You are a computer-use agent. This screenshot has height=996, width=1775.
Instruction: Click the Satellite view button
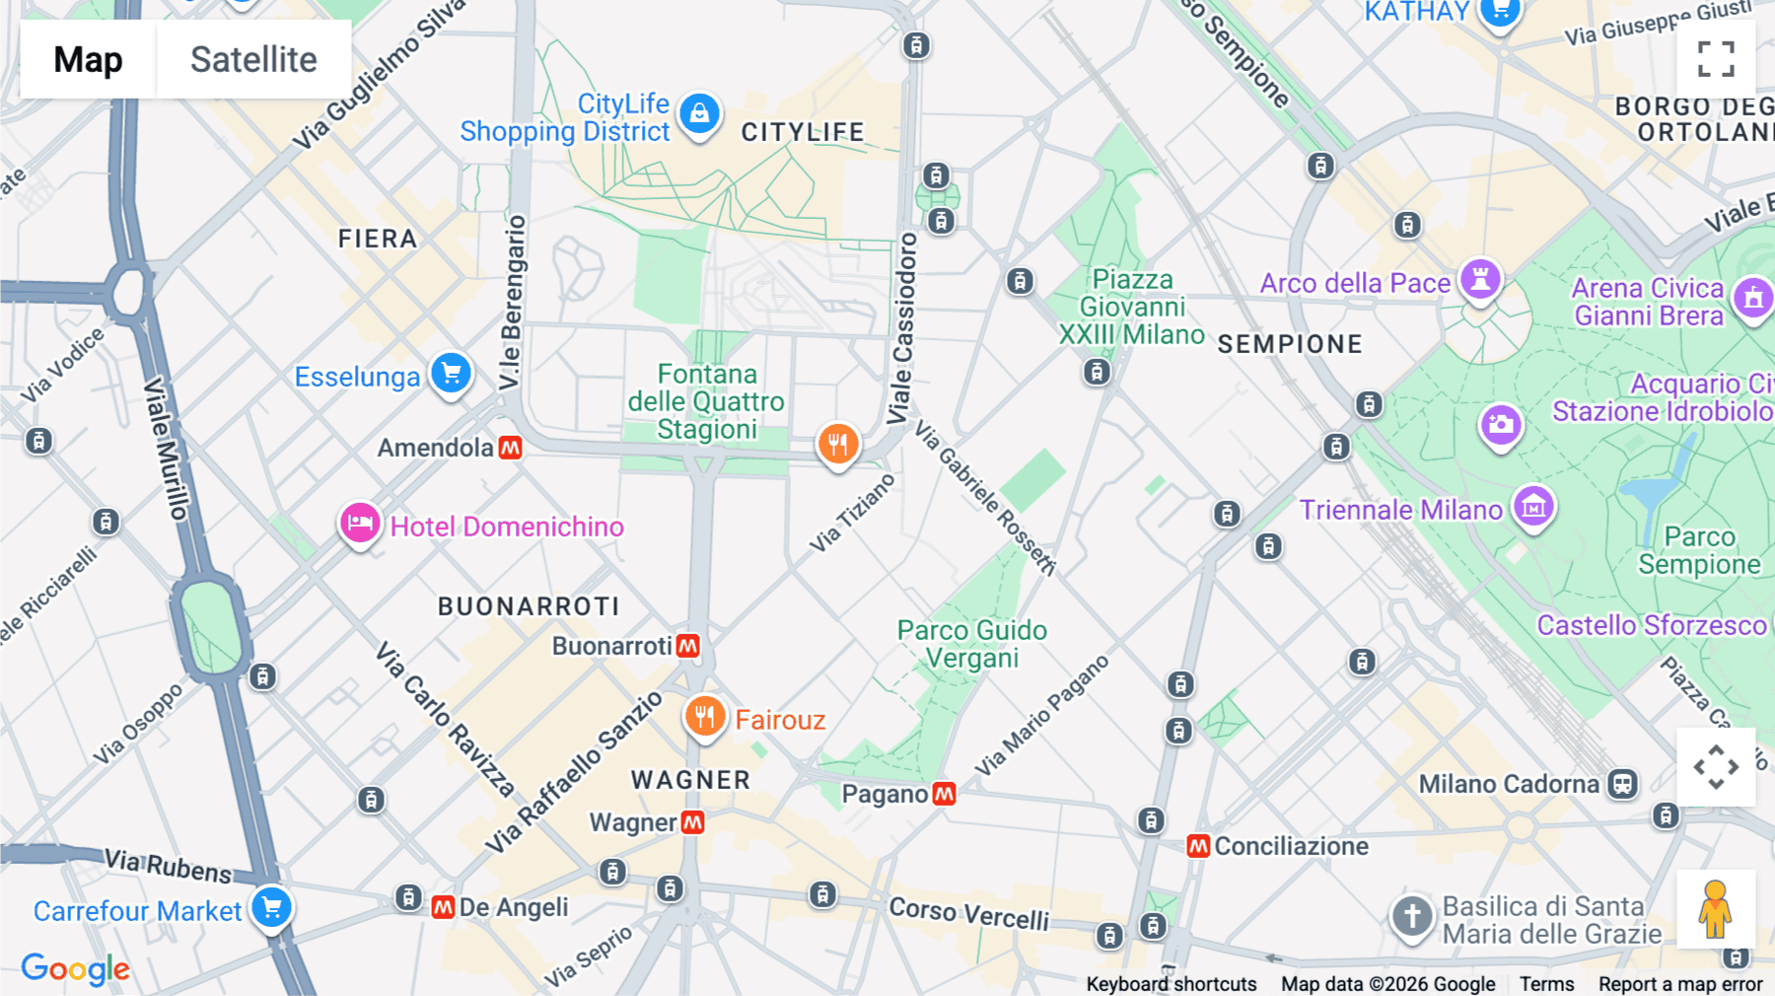[253, 59]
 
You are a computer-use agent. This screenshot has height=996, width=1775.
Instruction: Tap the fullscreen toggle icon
[1716, 59]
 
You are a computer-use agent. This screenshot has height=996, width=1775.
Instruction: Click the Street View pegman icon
[1716, 909]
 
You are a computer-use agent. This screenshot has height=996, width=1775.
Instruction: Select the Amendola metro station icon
[510, 448]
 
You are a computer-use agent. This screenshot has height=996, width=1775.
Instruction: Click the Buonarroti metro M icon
[688, 646]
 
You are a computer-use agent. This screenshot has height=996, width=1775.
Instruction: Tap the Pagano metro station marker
[944, 794]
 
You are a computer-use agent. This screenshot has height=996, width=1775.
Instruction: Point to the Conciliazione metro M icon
[1198, 846]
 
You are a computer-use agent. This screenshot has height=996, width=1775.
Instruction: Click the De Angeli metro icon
[443, 907]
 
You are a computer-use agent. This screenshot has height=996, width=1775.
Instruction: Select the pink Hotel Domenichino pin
[360, 523]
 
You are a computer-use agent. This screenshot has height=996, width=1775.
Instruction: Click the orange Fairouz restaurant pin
[705, 716]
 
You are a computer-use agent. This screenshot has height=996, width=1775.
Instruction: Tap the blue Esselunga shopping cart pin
[452, 374]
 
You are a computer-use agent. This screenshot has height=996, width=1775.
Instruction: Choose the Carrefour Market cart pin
[271, 906]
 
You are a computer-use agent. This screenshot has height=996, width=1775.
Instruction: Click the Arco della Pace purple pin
[1479, 279]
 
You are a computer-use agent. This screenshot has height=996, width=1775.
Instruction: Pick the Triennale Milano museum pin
[1533, 507]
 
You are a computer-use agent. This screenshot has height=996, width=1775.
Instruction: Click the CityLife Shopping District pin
[699, 113]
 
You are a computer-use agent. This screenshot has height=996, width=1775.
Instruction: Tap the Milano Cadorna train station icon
[1622, 784]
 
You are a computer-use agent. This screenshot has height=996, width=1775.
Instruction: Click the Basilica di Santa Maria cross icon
[1411, 916]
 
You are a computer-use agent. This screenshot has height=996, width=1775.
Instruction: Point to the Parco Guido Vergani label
[971, 644]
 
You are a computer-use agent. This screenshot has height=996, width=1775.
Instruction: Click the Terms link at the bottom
[1546, 983]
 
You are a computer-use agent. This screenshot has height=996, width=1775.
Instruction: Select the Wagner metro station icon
[693, 822]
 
